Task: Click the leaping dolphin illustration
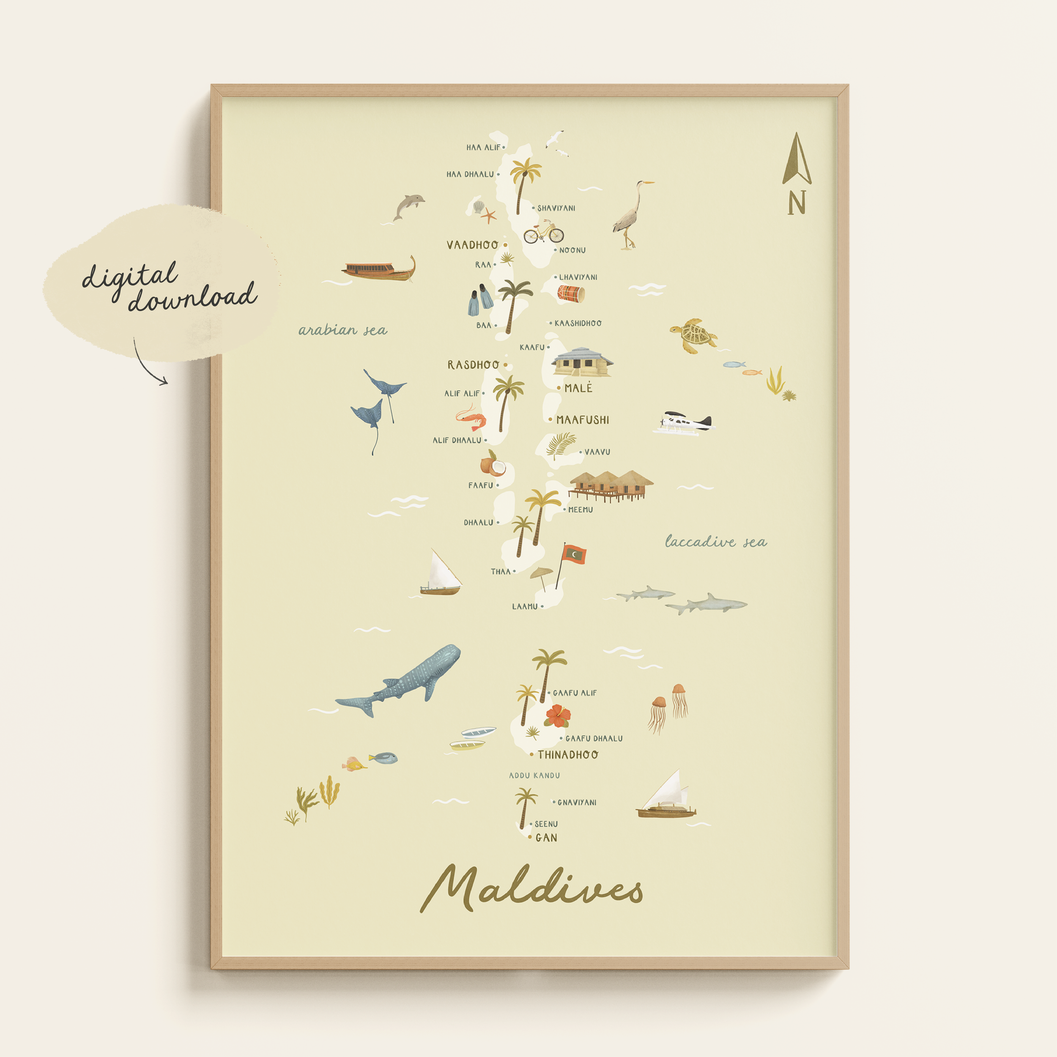409,207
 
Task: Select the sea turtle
693,335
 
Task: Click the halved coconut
493,466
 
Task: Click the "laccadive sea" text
716,542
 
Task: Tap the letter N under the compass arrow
797,203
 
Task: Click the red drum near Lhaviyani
571,294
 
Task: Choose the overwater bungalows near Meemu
611,485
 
